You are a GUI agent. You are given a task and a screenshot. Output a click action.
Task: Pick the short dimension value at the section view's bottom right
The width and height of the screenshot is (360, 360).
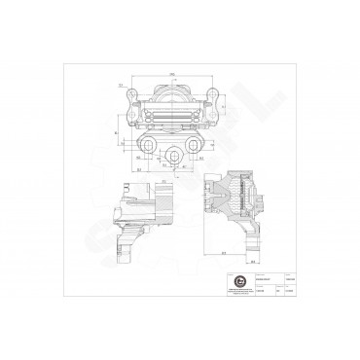252,261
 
